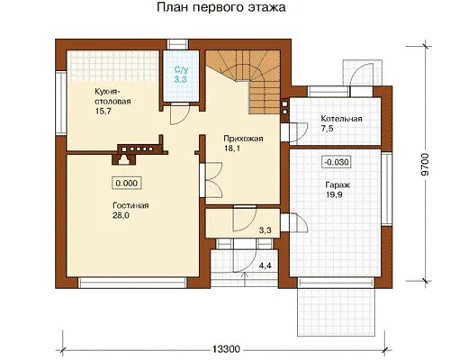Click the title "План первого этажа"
tap(221, 8)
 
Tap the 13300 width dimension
tap(227, 349)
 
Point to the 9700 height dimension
tap(425, 165)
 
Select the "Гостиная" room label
tap(130, 206)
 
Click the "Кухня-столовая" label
tap(112, 96)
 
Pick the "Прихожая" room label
tap(243, 139)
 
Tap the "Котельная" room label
tap(341, 119)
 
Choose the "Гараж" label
tap(337, 184)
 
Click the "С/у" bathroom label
tap(181, 70)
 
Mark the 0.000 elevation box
tap(127, 183)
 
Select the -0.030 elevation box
tap(337, 162)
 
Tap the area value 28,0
tap(121, 216)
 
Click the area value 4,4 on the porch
tap(265, 265)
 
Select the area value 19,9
tap(334, 194)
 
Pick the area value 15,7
tap(103, 112)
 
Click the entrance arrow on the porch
tap(246, 279)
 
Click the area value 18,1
tap(232, 148)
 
